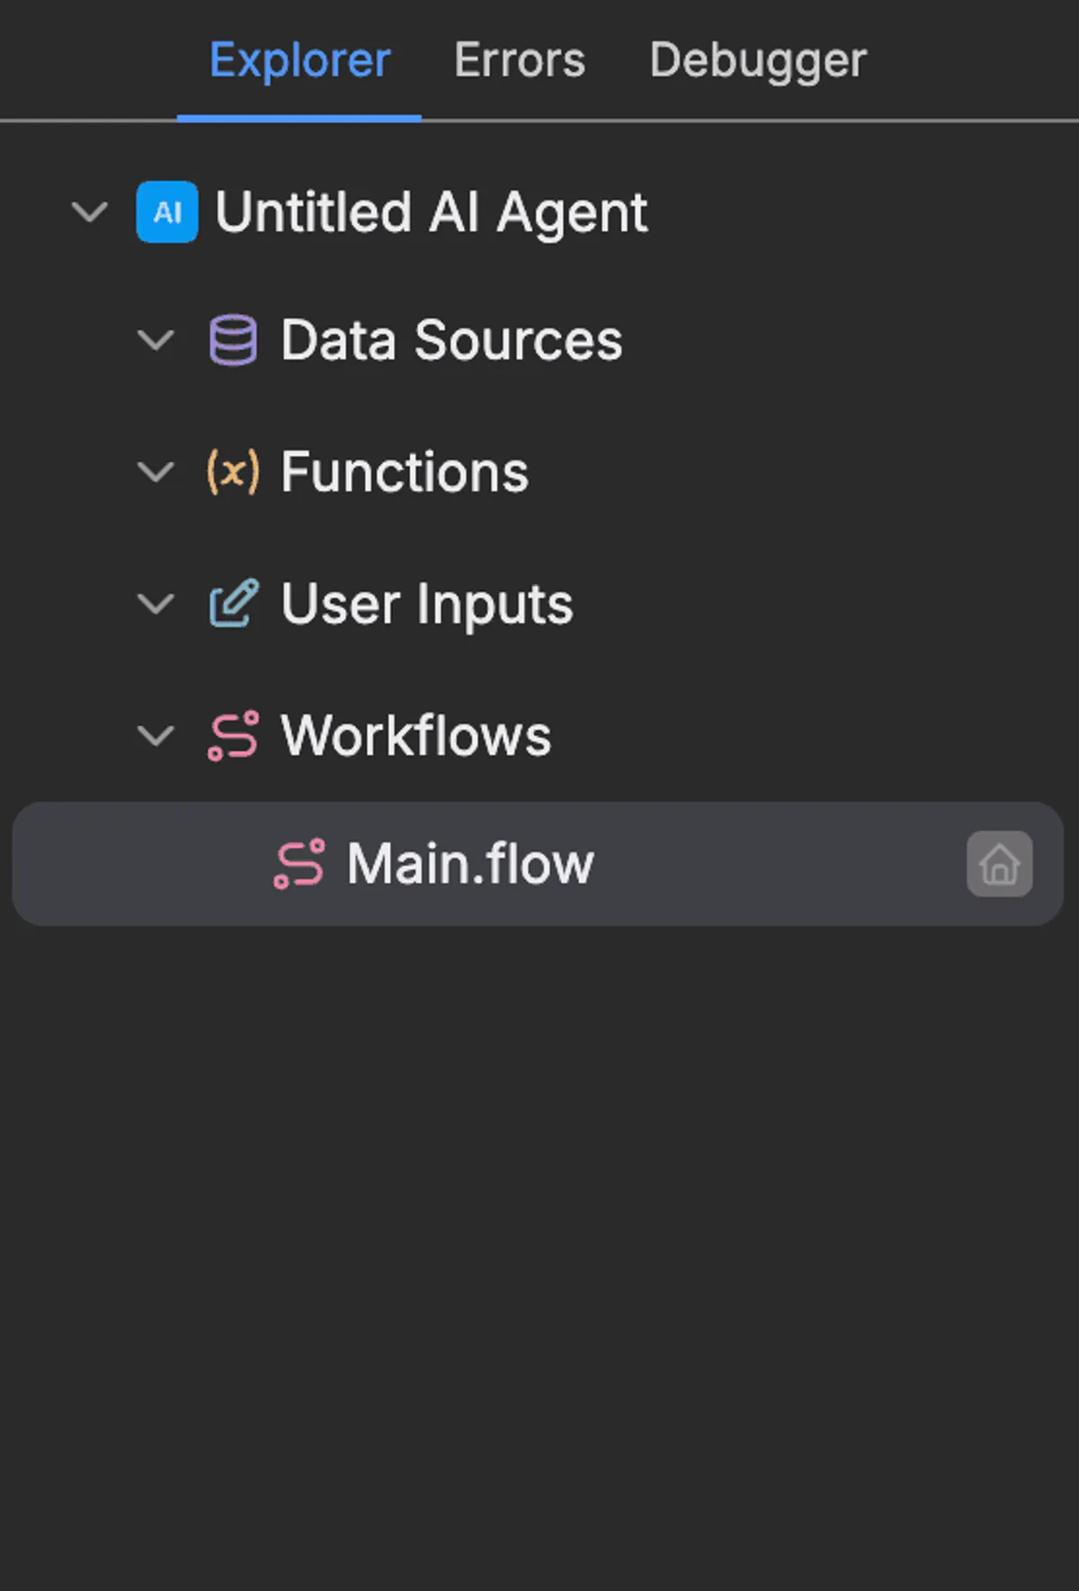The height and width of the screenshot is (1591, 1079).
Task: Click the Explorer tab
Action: (299, 61)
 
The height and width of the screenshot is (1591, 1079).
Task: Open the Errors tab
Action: (520, 61)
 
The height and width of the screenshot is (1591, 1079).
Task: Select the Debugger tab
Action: (758, 61)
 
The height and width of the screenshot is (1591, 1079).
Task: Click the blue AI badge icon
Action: (167, 212)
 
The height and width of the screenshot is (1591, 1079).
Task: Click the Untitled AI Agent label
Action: (432, 212)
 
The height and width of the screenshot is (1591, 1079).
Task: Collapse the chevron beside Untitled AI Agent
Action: (90, 213)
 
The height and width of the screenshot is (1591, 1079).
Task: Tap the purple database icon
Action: (233, 340)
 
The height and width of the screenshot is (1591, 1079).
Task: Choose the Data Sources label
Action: (451, 340)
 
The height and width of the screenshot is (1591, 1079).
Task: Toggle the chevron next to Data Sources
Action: (156, 341)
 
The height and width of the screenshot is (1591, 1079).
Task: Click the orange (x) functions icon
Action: (233, 472)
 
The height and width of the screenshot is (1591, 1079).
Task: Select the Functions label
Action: (405, 472)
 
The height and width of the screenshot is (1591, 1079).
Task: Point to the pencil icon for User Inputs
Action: (234, 603)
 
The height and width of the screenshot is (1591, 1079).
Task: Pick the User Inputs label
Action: (427, 604)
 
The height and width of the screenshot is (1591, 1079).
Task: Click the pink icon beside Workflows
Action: (234, 736)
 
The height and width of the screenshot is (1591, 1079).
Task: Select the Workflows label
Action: (416, 735)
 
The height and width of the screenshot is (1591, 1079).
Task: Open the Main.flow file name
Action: (470, 864)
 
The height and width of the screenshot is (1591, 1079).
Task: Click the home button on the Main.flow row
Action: (1000, 864)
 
